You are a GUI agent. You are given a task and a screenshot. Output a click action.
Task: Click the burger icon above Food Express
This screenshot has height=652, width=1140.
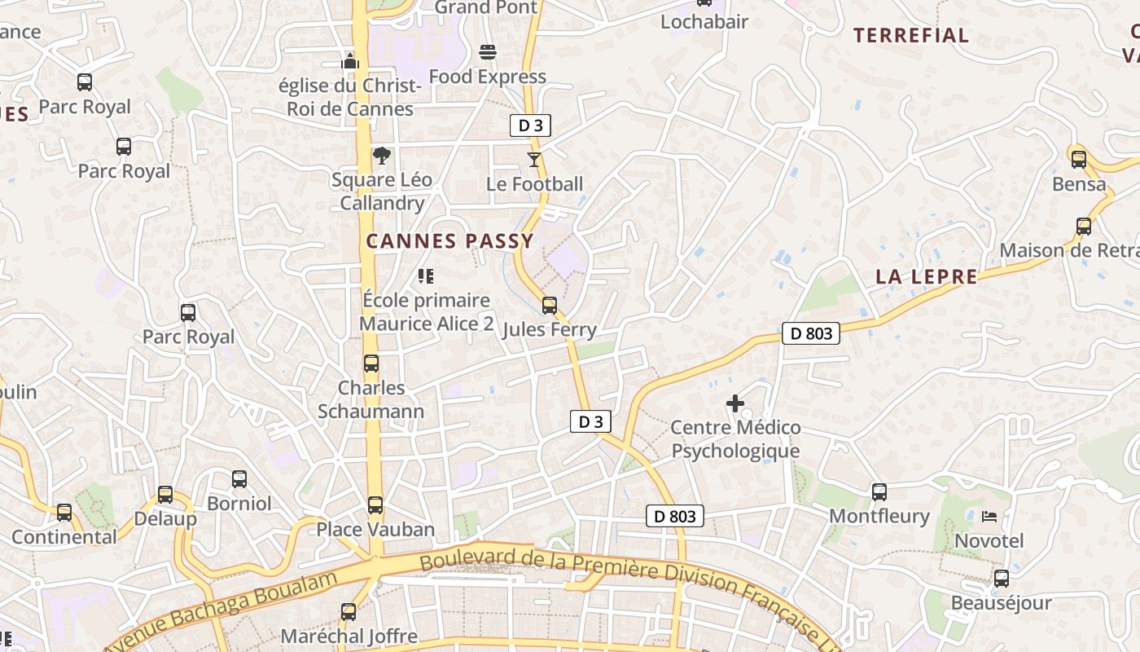(488, 53)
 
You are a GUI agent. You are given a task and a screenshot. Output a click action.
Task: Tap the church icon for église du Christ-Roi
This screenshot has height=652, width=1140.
(350, 61)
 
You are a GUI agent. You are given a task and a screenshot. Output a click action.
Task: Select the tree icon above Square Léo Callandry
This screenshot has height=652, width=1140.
(381, 156)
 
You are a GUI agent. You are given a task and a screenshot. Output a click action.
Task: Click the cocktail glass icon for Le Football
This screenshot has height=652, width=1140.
(534, 160)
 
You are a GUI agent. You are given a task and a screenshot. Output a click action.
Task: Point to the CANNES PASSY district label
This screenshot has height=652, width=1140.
(449, 241)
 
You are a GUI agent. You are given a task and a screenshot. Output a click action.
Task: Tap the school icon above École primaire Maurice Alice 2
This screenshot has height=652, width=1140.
(426, 276)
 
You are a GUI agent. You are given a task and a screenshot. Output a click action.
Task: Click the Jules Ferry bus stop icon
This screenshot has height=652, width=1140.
(550, 306)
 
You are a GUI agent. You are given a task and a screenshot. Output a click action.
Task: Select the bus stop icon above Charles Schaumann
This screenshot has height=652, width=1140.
(371, 363)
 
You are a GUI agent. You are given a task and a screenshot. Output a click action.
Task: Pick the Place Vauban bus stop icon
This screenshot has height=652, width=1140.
(375, 505)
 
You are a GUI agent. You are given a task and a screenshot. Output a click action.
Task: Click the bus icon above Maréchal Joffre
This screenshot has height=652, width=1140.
(349, 612)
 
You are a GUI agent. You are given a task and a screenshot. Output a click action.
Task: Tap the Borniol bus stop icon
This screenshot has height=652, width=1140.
(239, 479)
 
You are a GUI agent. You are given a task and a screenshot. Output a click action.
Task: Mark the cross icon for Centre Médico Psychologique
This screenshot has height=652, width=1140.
(735, 403)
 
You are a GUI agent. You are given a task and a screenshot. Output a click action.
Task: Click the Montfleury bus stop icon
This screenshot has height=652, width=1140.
(879, 492)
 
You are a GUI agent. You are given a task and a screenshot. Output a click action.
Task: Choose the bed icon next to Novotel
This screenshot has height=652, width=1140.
(989, 517)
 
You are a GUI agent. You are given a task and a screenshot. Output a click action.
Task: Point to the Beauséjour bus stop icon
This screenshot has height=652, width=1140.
(1002, 579)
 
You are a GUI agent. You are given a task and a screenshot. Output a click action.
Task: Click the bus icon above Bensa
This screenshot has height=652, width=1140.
(1079, 160)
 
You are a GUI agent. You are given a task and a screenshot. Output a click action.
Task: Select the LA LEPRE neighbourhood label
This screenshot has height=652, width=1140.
(927, 277)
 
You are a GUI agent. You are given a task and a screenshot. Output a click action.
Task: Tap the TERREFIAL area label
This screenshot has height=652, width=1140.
(911, 35)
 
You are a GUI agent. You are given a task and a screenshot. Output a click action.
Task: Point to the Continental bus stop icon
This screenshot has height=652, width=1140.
(64, 513)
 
